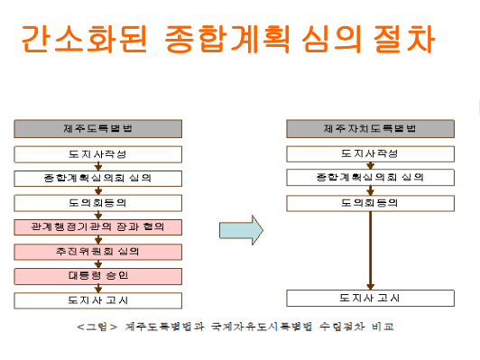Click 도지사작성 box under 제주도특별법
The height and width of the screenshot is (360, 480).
(98, 154)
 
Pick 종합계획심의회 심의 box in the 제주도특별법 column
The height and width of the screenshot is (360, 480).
(98, 178)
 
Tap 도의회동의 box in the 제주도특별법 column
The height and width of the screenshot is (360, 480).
(98, 202)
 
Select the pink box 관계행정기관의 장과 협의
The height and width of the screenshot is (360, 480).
(98, 226)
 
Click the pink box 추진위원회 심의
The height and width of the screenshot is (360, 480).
(98, 251)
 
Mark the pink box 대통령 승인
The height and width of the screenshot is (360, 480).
(98, 275)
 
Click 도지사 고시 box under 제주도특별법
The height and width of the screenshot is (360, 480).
(98, 300)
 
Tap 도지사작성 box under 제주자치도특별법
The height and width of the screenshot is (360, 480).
(370, 154)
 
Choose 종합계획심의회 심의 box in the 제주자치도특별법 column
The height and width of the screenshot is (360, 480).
(370, 178)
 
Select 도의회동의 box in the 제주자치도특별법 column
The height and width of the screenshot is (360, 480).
(370, 202)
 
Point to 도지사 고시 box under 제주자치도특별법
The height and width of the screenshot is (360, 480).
(370, 298)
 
